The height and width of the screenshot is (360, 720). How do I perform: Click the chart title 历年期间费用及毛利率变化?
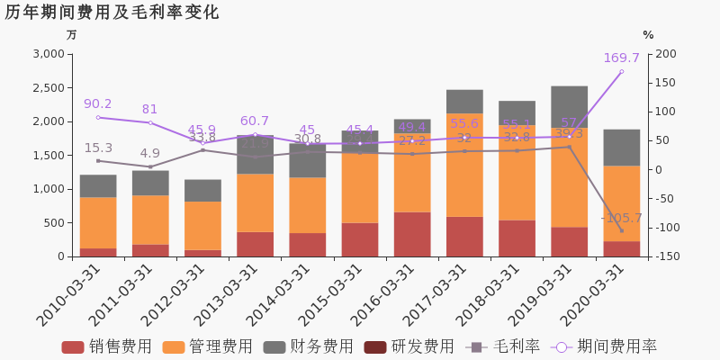112,13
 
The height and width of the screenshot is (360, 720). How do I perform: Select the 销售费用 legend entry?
107,346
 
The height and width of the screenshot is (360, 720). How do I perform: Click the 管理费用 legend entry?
208,346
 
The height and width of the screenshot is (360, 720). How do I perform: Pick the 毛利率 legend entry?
503,346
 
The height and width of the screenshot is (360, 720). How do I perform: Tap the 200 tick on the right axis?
665,54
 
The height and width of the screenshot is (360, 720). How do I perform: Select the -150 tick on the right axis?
665,256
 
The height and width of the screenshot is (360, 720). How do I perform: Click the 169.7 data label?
621,58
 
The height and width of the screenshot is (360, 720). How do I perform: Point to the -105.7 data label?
621,218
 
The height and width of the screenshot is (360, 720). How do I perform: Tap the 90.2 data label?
97,104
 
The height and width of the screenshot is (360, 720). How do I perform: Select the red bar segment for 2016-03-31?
412,234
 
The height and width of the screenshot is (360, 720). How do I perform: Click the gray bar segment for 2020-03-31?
621,148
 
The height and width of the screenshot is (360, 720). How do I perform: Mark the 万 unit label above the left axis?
72,35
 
